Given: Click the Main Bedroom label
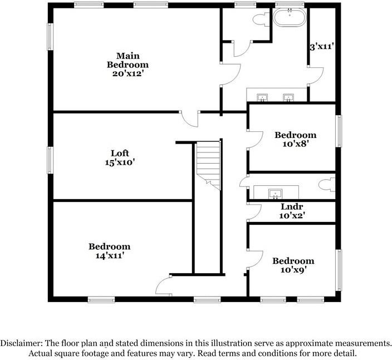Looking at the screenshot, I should (x=128, y=64).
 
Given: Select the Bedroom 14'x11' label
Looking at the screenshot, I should (x=109, y=251).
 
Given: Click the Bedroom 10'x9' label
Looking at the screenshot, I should (x=293, y=265).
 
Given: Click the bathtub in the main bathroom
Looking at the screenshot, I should (x=290, y=18).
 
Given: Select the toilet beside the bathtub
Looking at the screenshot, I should (x=260, y=19).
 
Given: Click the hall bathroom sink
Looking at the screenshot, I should (x=275, y=194).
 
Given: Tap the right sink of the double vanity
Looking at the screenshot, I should (x=288, y=98).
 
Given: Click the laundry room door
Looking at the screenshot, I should (x=254, y=211).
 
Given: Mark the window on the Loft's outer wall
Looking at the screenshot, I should (x=50, y=160).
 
